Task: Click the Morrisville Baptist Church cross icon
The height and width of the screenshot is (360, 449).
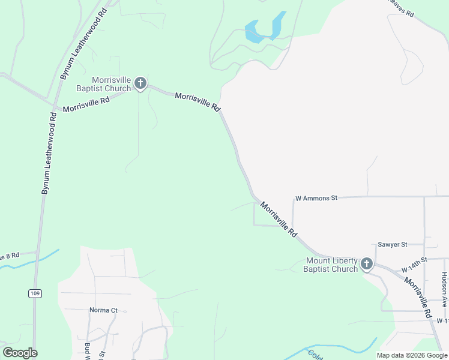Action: click(x=140, y=83)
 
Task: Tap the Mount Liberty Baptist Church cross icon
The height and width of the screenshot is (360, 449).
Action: click(x=366, y=264)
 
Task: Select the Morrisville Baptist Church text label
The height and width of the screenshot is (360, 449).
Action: click(x=112, y=84)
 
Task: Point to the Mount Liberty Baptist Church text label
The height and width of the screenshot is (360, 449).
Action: click(x=331, y=265)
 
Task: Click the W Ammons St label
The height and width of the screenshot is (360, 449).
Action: click(x=317, y=197)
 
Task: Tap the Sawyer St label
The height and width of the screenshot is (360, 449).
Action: click(x=393, y=245)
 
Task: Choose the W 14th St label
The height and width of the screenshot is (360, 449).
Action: click(x=414, y=260)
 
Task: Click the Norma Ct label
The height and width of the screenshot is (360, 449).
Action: click(x=103, y=310)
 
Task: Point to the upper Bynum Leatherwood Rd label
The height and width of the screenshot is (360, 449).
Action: click(x=84, y=46)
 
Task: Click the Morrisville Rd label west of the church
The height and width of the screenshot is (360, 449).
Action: click(x=86, y=104)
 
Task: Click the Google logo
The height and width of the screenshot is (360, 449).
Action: click(x=20, y=353)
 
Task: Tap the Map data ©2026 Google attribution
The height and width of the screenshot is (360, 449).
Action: click(x=412, y=355)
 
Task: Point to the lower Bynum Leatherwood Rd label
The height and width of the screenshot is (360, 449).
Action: click(x=49, y=154)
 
